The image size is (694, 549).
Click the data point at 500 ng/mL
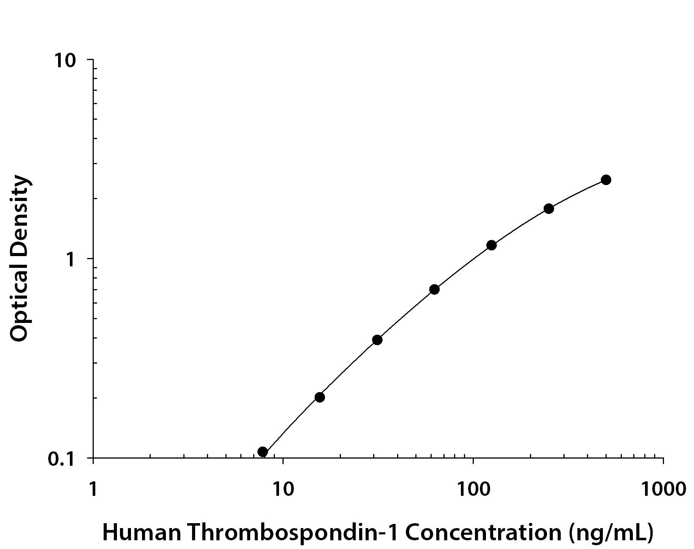tap(606, 180)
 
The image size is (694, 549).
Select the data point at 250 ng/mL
tap(549, 209)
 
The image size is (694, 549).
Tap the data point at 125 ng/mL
tap(491, 245)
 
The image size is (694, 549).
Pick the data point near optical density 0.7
tap(434, 290)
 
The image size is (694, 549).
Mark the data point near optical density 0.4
tap(377, 340)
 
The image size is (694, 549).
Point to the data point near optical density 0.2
tap(320, 397)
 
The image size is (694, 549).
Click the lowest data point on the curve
tap(262, 452)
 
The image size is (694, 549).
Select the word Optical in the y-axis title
tap(19, 300)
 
